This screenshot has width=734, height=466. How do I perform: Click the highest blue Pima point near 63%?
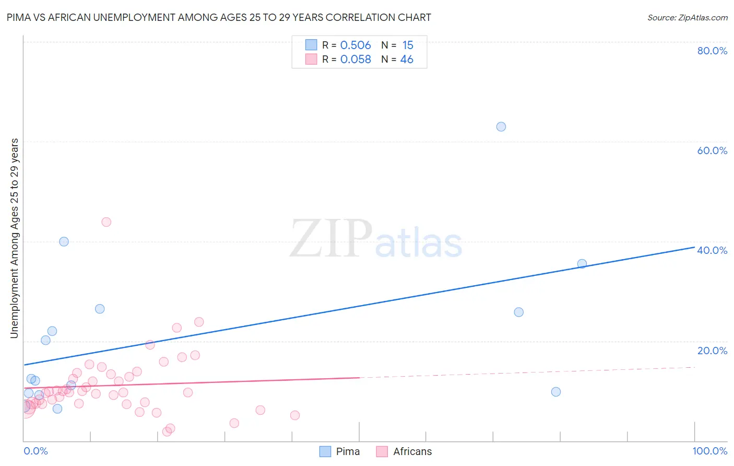point(501,126)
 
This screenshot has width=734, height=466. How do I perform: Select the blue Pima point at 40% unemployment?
point(64,241)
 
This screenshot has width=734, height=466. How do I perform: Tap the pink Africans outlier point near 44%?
point(106,222)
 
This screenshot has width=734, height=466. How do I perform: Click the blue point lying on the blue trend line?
point(582,264)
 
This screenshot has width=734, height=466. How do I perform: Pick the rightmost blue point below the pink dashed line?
point(556,392)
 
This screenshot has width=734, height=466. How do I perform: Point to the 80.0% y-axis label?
point(712,51)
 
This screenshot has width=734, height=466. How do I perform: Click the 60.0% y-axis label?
point(712,150)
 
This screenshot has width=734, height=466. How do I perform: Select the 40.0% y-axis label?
point(712,250)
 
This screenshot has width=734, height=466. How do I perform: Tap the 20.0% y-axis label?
point(712,350)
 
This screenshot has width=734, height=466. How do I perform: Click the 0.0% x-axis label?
point(35,451)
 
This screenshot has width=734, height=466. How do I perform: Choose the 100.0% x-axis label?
point(710,451)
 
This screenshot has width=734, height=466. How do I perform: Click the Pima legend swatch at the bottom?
point(325,451)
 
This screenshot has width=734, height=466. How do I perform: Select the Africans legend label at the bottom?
point(412,451)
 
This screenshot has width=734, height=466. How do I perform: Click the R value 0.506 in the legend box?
point(356,45)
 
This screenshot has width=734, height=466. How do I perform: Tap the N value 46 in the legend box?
point(407,60)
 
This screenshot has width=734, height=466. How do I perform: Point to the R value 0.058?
point(356,60)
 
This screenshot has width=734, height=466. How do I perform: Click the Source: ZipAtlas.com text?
point(687,18)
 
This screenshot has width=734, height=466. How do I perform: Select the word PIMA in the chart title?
point(19,17)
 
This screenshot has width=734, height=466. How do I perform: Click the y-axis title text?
point(14,238)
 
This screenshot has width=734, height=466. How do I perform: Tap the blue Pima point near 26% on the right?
point(518,312)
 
